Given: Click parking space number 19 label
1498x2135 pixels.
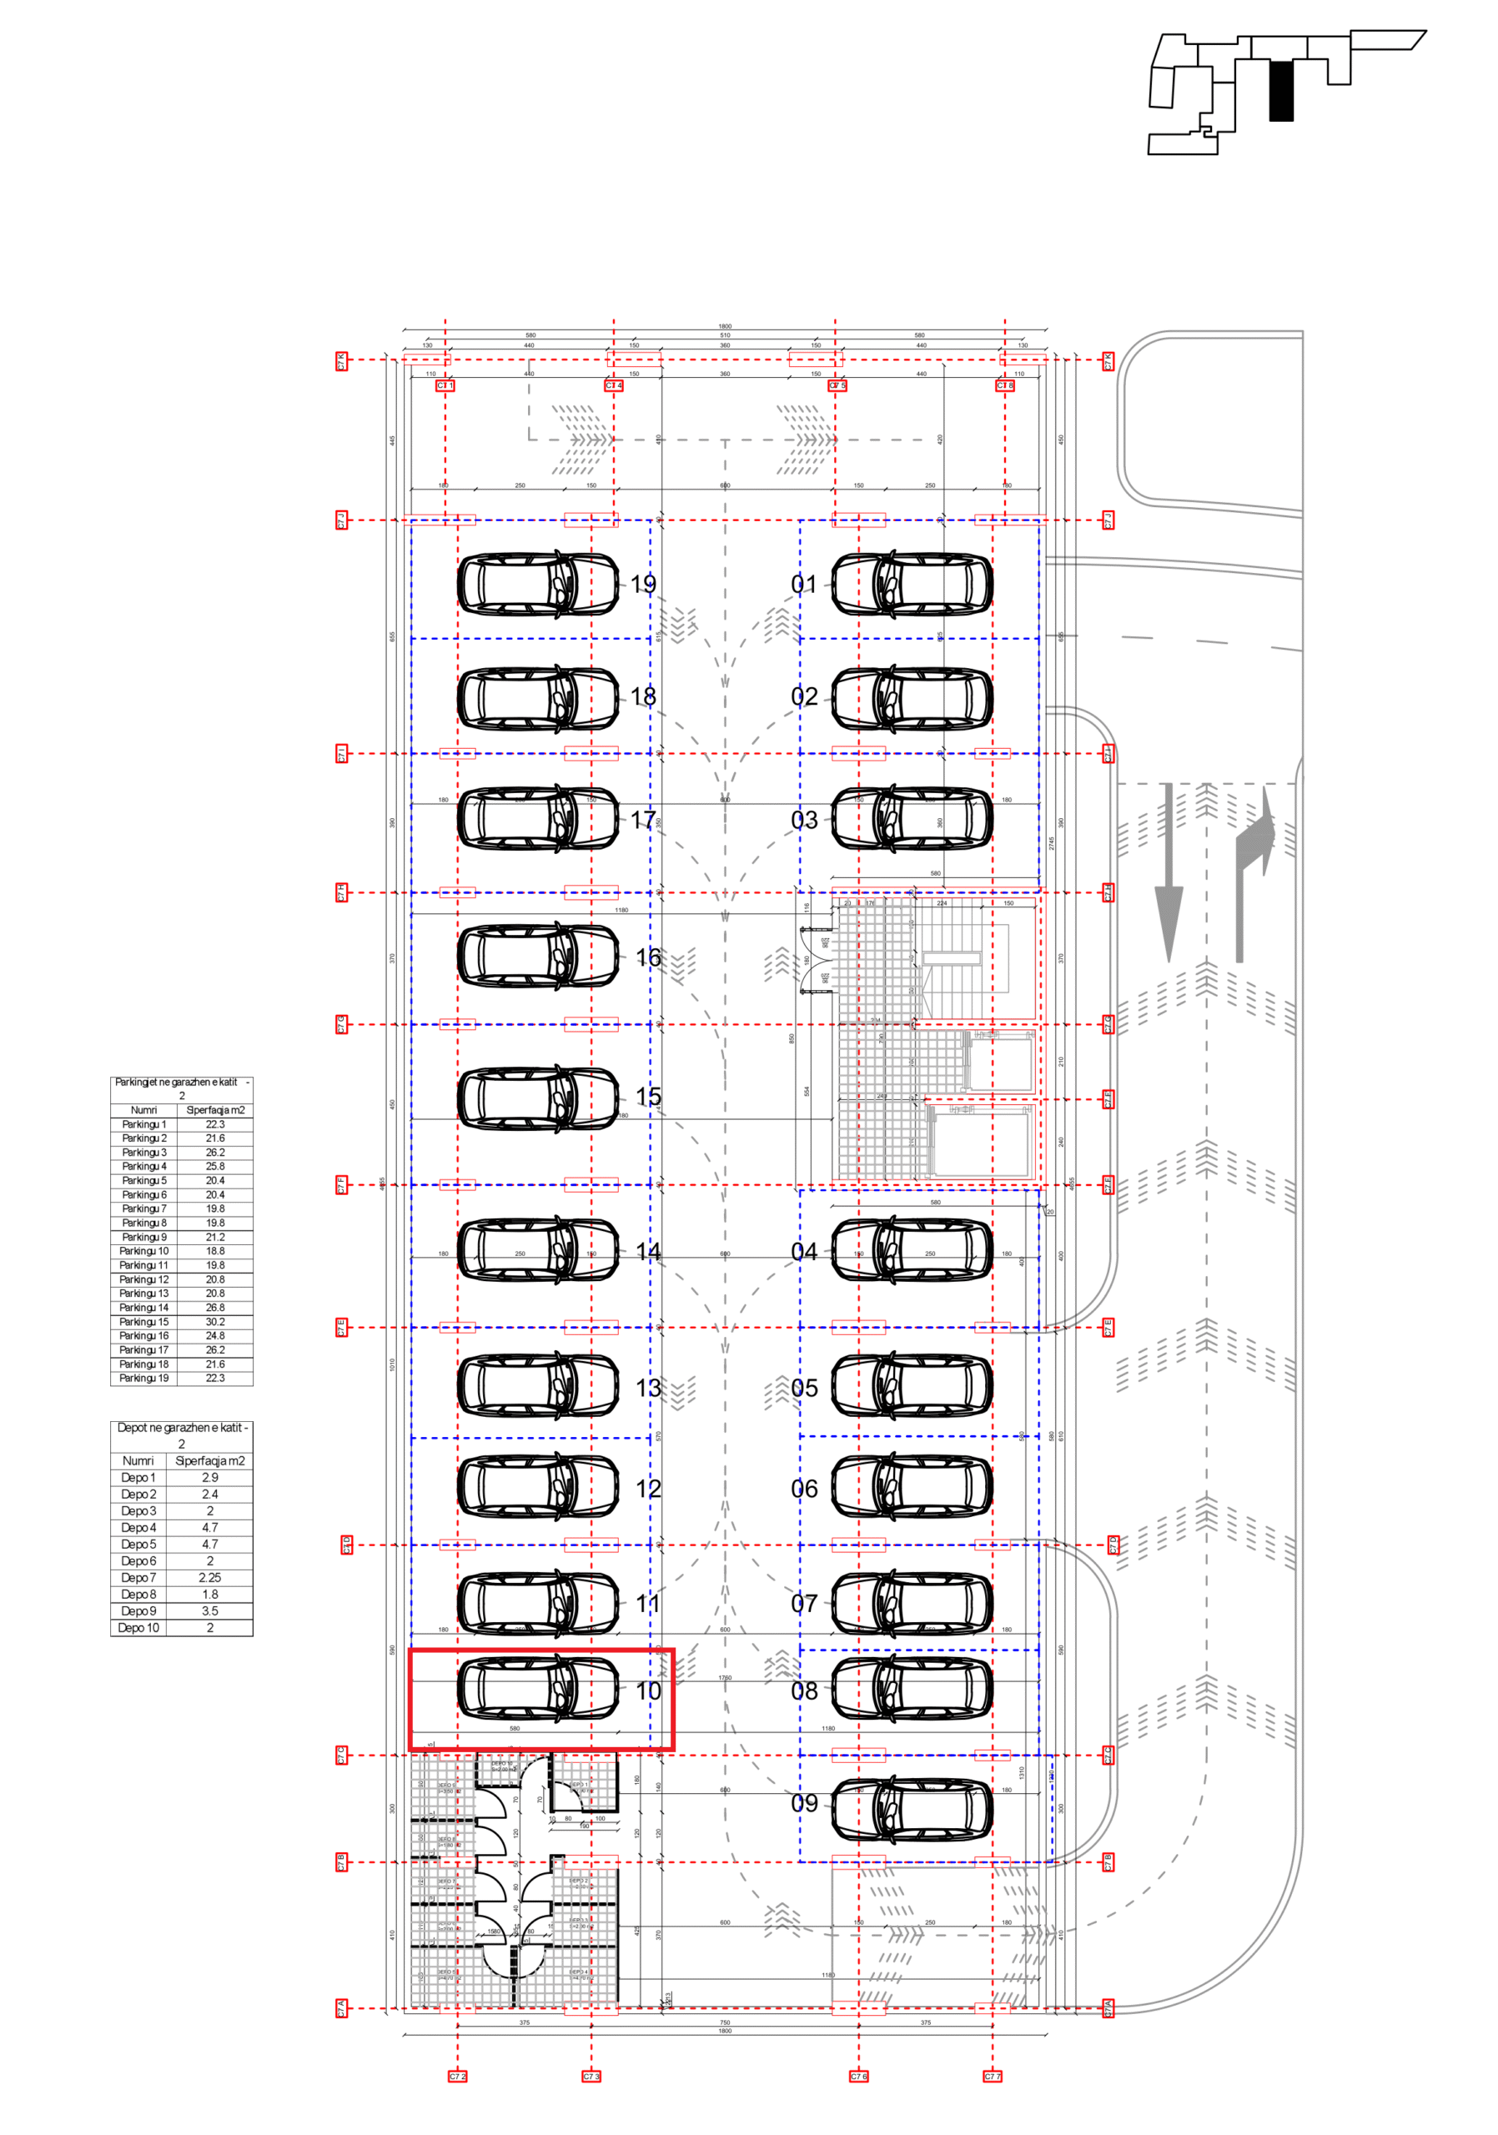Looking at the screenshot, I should [x=642, y=584].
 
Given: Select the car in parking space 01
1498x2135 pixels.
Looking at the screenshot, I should [x=912, y=584].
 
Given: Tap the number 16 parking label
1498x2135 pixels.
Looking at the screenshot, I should [x=648, y=957].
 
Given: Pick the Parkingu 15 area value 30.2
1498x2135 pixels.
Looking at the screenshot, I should [x=215, y=1321].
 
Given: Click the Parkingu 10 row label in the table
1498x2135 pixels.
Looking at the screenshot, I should [x=144, y=1251].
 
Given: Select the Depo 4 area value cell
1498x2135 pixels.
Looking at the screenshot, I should [x=210, y=1528].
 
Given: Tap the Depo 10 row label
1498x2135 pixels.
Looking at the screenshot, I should [x=138, y=1628].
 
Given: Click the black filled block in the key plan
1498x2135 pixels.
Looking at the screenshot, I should [x=1280, y=91].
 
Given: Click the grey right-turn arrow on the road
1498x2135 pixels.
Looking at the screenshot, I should [x=1252, y=874].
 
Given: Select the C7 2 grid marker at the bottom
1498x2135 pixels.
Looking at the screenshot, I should [x=457, y=2077].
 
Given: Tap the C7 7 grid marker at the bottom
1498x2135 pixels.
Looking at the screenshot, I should [x=993, y=2077].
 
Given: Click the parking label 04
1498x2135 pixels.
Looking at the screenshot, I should [x=803, y=1252].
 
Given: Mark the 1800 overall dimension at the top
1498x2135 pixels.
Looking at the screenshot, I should [x=724, y=326].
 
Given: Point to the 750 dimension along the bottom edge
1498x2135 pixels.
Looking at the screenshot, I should [x=724, y=2022].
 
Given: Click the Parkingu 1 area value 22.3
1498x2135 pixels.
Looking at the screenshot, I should [x=215, y=1124].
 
